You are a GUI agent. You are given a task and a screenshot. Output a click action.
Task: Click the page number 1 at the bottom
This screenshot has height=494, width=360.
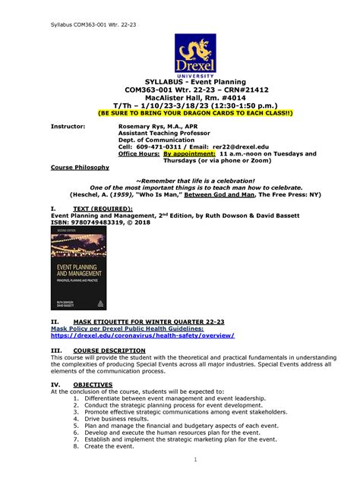195,459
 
